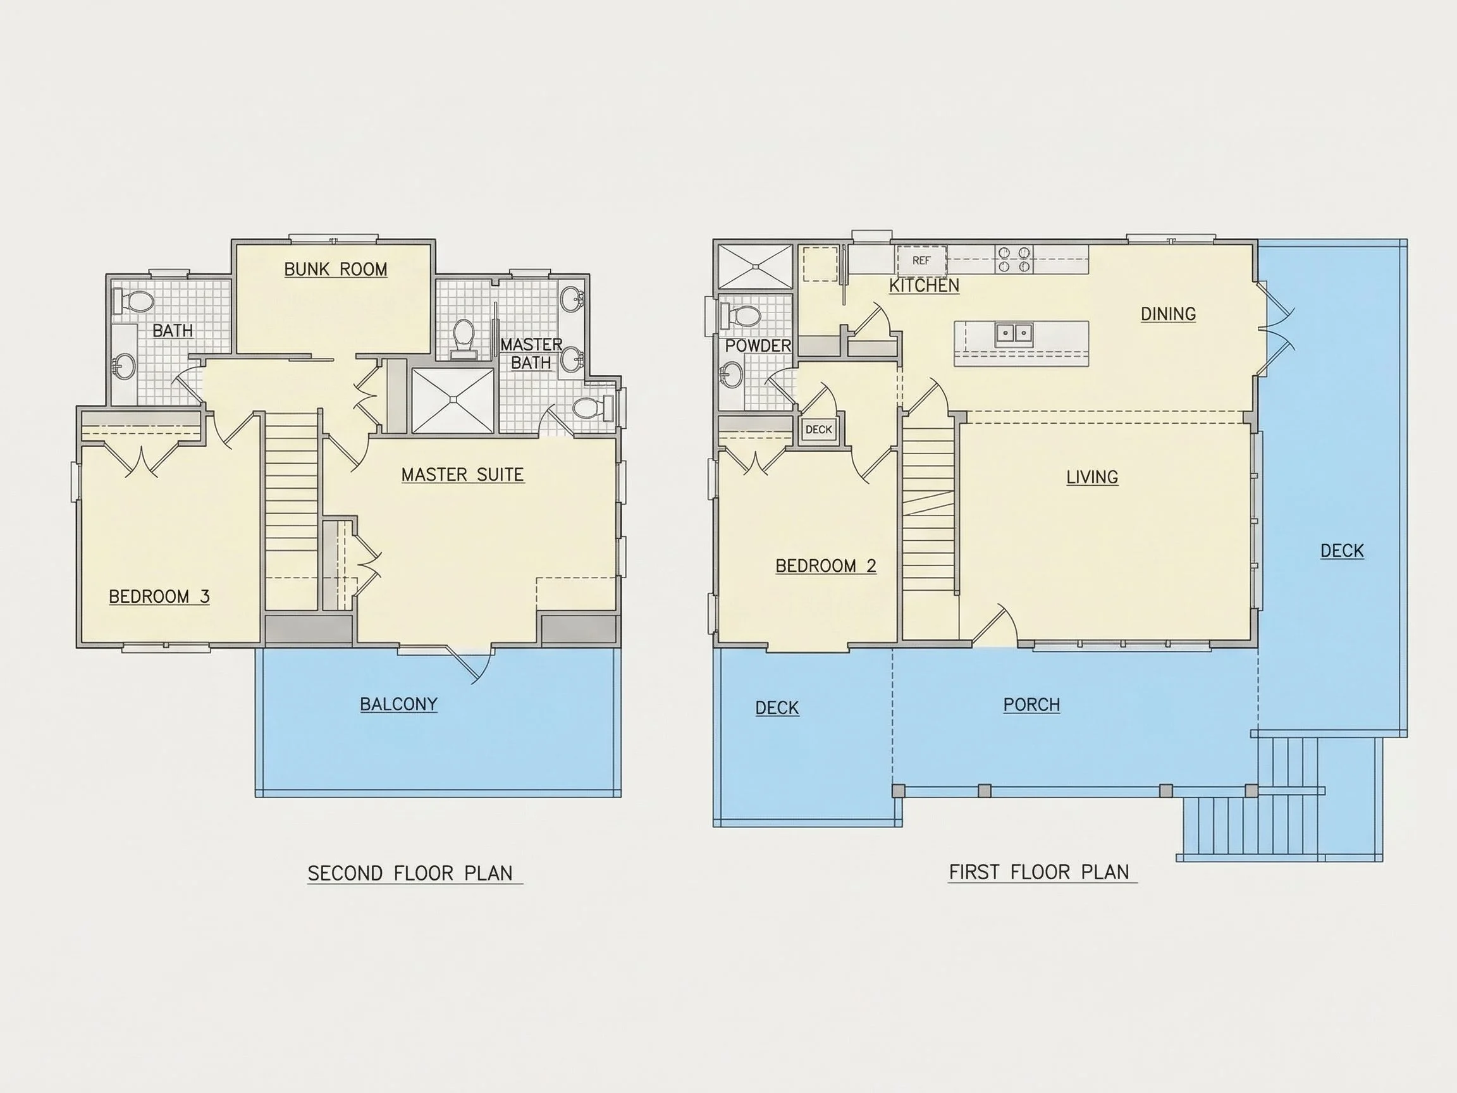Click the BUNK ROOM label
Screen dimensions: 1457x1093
pos(335,269)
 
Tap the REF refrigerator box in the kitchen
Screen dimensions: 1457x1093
pos(921,260)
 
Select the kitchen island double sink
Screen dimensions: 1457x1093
pos(1014,333)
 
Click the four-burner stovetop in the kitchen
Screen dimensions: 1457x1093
pos(1014,259)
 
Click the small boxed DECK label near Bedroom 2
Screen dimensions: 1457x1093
pos(819,429)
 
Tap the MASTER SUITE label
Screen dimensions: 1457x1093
pos(462,474)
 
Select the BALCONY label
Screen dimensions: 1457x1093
pos(398,704)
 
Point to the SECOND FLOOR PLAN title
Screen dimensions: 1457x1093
pos(410,874)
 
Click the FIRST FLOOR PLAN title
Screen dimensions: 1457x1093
pos(1039,872)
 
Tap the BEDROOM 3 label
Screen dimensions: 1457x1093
pos(159,596)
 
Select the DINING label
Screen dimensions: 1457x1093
pos(1168,314)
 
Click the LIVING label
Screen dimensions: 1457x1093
pos(1092,477)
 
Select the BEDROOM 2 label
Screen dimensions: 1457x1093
pos(826,565)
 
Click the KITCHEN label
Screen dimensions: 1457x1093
pos(924,285)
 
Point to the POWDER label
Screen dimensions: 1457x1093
pos(758,346)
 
